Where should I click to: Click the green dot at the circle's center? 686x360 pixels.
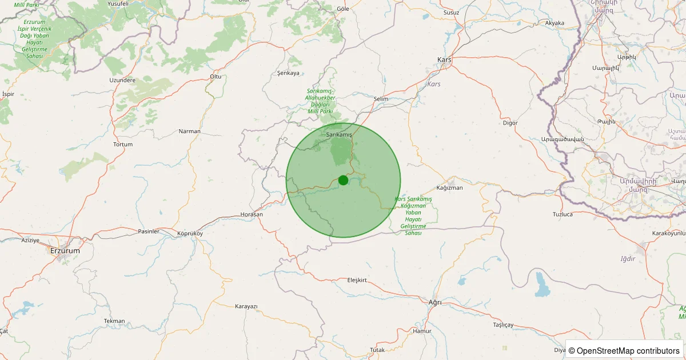(343, 180)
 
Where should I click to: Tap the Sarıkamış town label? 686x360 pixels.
(339, 134)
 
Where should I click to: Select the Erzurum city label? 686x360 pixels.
(65, 250)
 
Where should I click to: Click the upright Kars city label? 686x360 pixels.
(444, 60)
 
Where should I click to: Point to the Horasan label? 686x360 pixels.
(252, 214)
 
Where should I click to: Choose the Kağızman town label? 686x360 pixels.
(449, 187)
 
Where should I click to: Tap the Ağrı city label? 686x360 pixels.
(435, 302)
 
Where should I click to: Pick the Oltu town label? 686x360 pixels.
(216, 77)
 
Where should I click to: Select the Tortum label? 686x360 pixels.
(123, 145)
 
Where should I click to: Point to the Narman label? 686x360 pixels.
(190, 131)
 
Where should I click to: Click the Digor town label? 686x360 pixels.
(510, 123)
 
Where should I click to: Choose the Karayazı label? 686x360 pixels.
(246, 306)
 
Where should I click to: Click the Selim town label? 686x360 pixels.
(380, 99)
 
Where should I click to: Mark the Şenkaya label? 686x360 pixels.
(288, 73)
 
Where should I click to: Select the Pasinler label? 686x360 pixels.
(149, 231)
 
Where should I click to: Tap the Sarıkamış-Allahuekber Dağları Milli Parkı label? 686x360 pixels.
(321, 101)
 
